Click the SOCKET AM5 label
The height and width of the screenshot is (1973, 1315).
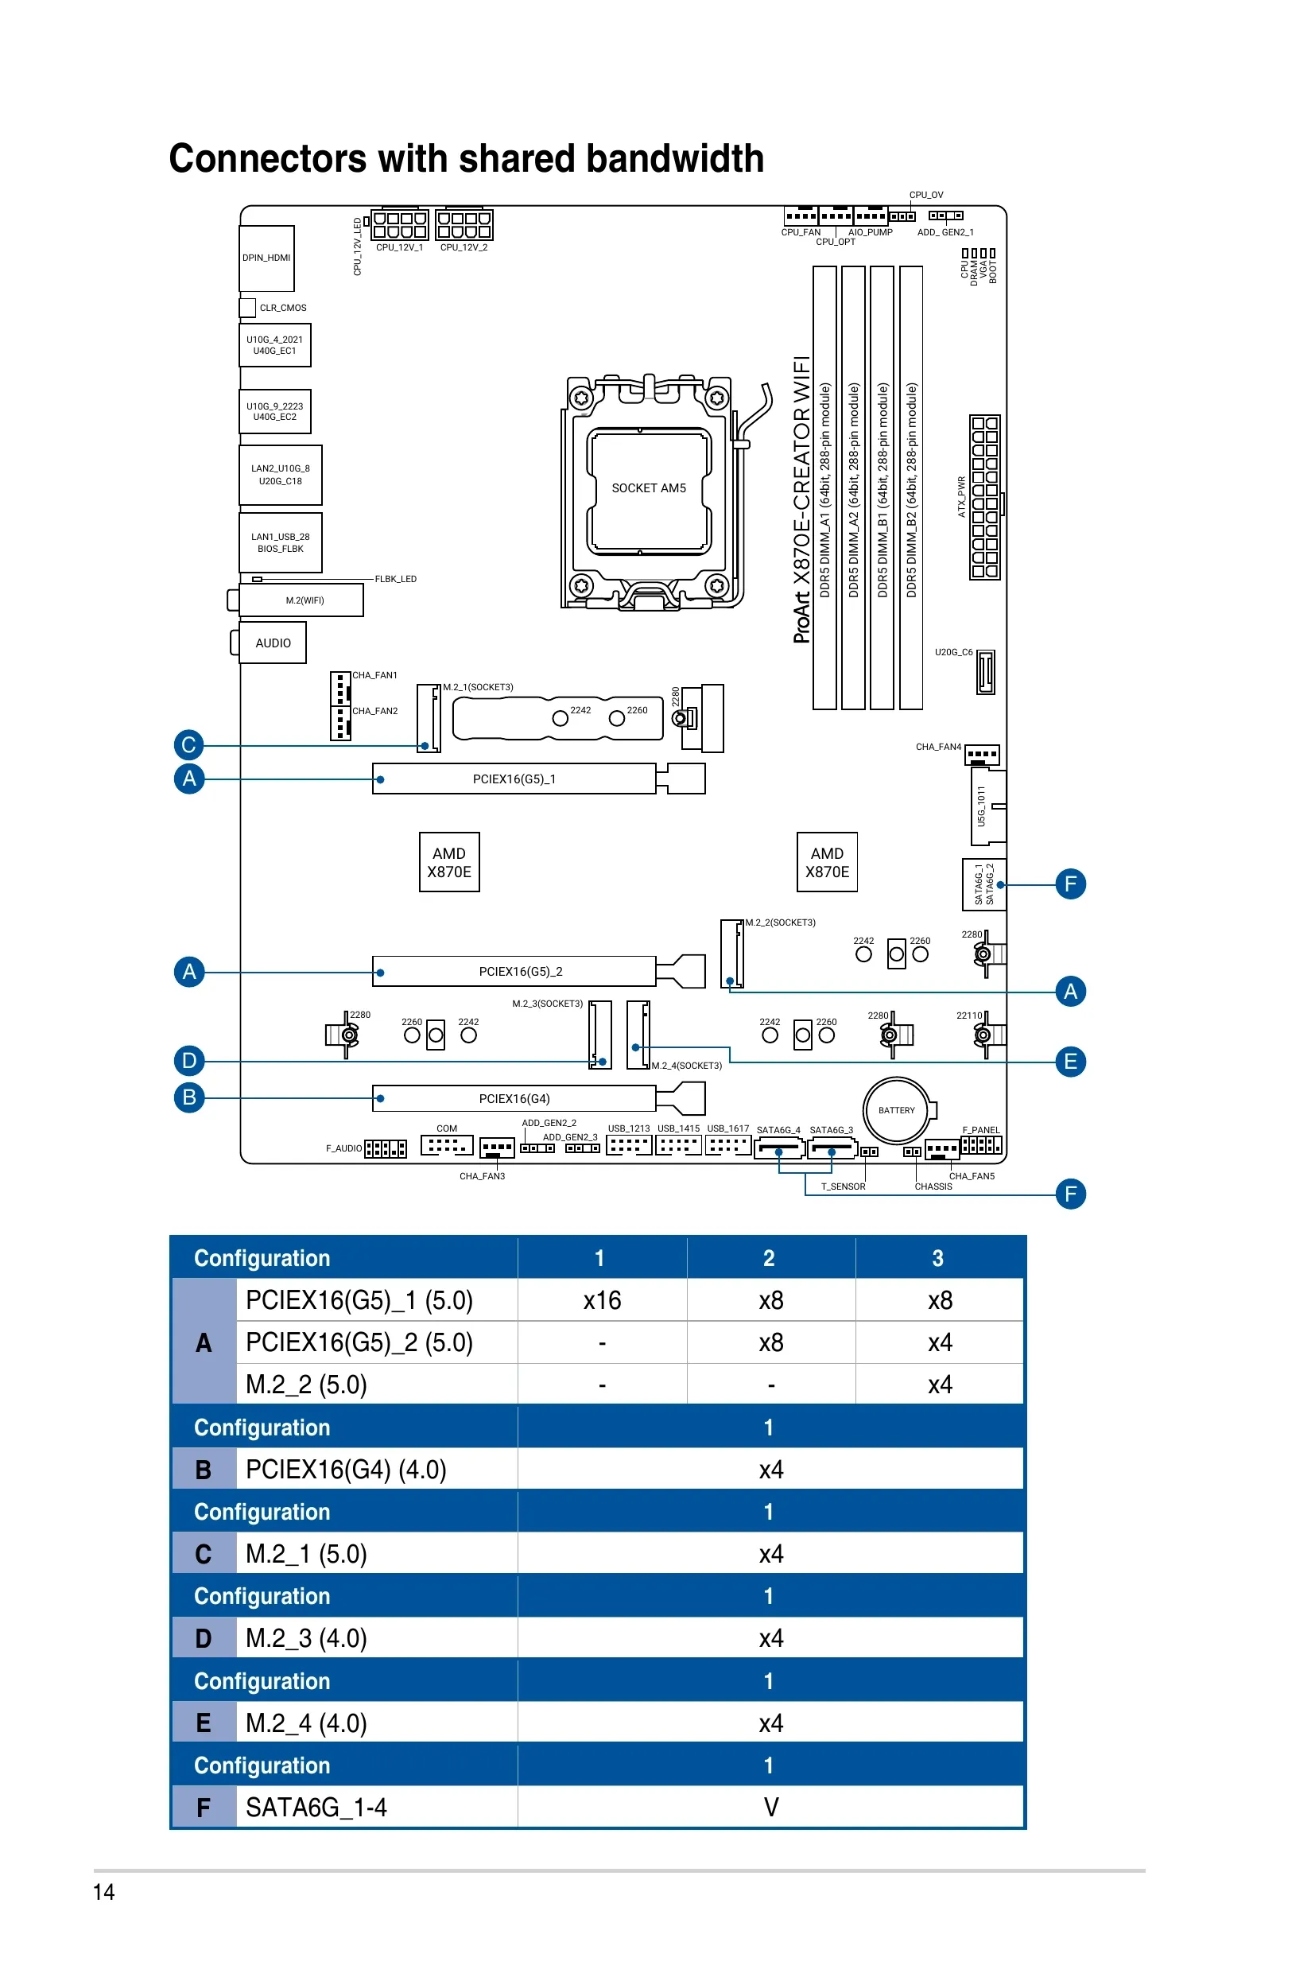[648, 488]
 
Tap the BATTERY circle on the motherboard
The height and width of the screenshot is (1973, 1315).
[897, 1110]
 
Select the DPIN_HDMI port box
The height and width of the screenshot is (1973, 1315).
[266, 258]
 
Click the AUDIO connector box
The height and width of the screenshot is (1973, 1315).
[273, 643]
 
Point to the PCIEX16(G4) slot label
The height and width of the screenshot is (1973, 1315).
[514, 1098]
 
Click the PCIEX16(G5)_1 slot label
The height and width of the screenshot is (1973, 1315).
[514, 779]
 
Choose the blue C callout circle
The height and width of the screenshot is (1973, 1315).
[188, 744]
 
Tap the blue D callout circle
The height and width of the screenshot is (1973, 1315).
[188, 1060]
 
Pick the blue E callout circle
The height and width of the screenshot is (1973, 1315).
[1070, 1061]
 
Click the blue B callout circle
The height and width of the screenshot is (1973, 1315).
[188, 1097]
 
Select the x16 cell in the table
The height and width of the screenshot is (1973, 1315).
[602, 1300]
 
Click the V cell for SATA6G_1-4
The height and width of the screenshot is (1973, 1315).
[770, 1807]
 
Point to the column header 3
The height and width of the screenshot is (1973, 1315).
[937, 1257]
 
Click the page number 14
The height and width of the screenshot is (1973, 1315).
[104, 1892]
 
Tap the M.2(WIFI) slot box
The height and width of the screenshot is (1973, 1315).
[304, 600]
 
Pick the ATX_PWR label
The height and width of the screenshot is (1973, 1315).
[962, 496]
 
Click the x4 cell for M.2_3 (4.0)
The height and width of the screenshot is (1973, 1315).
[770, 1638]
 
